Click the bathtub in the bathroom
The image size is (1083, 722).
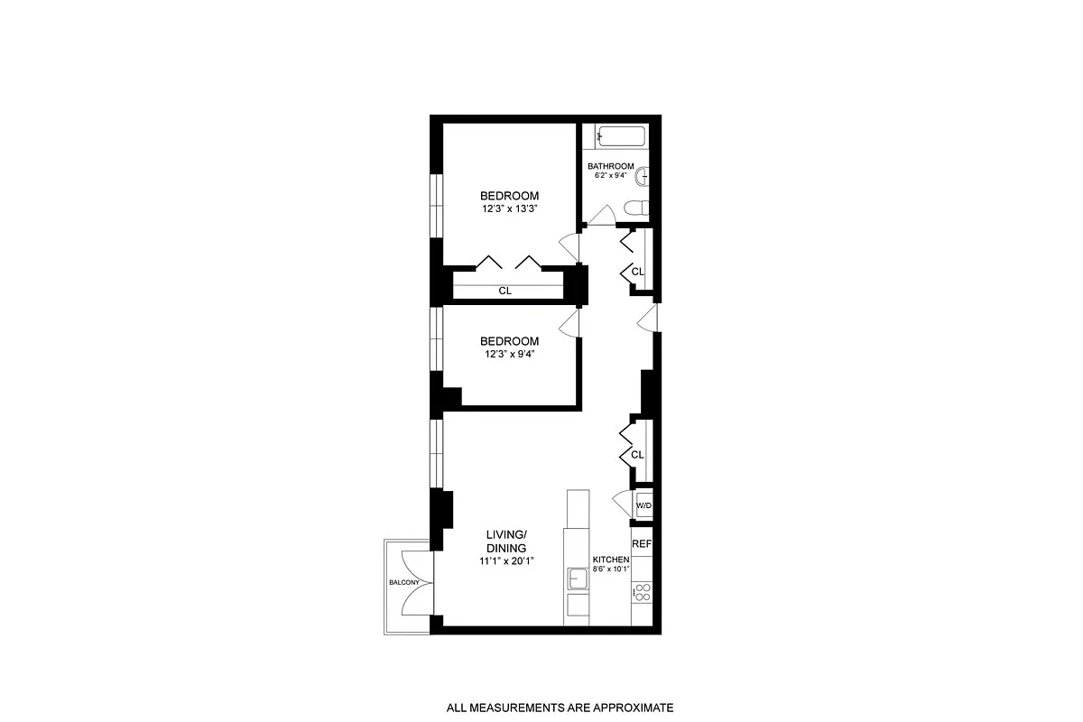621,137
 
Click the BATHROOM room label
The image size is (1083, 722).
611,166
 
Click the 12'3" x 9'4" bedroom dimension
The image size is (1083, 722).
510,354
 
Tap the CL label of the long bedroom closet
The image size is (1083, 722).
505,292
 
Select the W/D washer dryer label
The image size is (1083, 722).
643,505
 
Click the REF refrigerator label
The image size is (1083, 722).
641,544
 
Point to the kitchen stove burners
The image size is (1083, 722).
642,592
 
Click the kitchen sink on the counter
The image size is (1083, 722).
576,578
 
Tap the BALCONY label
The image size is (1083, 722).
403,582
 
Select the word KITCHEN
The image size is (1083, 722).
611,560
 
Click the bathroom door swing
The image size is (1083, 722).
598,216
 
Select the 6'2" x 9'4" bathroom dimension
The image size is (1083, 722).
610,176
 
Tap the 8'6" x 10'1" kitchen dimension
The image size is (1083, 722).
611,569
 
